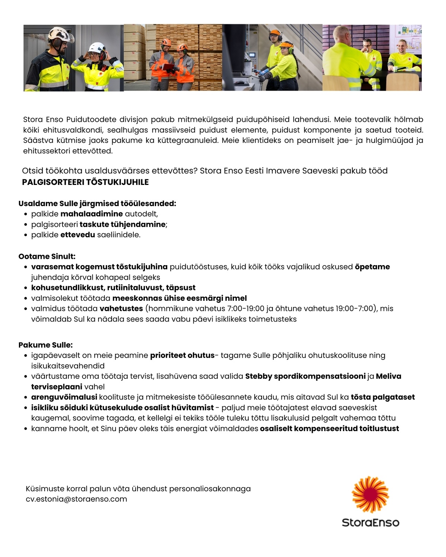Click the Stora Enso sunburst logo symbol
pos(370,495)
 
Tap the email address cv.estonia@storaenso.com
pos(76,499)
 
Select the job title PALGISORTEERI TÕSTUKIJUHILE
pos(85,182)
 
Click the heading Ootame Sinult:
pos(47,256)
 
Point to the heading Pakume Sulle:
pos(45,345)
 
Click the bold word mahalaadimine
pos(91,214)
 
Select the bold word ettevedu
pos(78,235)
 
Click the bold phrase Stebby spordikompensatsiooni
pos(305,376)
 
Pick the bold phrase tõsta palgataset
pos(382,397)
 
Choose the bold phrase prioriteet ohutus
pos(182,355)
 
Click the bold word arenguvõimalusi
pos(64,397)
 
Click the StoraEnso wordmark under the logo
pos(370,522)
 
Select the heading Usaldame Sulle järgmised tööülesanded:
pos(97,203)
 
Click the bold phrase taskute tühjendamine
pos(122,224)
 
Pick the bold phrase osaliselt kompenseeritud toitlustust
pos(329,429)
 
